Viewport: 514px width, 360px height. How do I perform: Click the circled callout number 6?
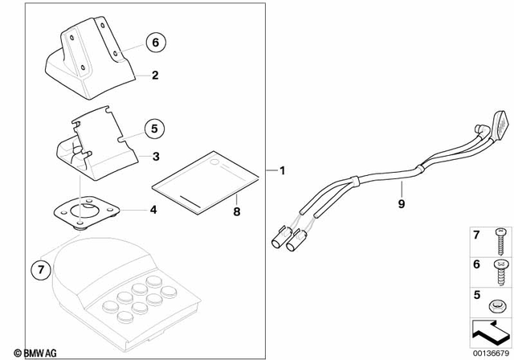point(156,41)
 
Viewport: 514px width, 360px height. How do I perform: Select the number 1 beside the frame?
point(282,171)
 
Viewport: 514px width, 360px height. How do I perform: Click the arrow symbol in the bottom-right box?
point(488,329)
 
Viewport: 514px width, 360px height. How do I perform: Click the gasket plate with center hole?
point(84,213)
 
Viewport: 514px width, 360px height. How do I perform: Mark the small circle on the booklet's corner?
point(214,163)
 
